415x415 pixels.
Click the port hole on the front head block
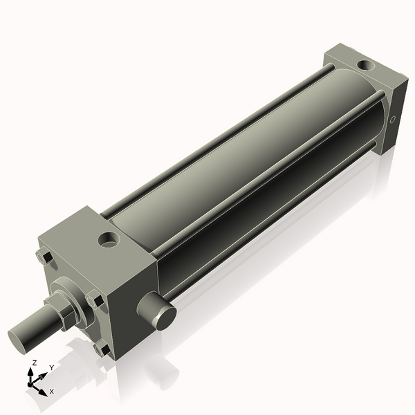point(108,241)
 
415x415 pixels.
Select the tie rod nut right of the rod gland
point(95,301)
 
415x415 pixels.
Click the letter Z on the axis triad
point(35,362)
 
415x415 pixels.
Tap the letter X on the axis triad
point(50,392)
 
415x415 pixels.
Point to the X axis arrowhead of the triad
point(43,388)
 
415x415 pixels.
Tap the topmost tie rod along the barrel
point(221,135)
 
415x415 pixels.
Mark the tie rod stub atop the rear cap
point(333,69)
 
